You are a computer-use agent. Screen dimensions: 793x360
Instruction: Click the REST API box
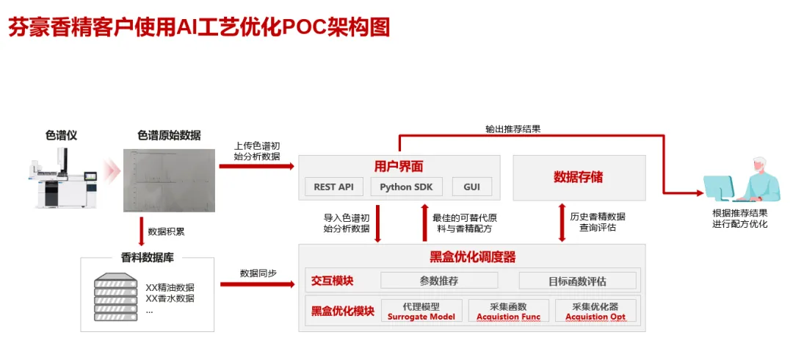(333, 187)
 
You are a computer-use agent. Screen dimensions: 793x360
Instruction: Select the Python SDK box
(404, 187)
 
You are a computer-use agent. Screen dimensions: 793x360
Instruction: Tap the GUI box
(471, 187)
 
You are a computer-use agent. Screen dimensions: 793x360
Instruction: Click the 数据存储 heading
(578, 177)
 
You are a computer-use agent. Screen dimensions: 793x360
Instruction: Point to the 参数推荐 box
(439, 281)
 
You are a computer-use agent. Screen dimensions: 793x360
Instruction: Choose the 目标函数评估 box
(577, 281)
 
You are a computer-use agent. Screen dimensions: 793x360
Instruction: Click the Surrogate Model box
(421, 312)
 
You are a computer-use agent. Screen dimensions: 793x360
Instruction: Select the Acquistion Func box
(508, 312)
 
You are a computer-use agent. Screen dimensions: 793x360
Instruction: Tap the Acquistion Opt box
(595, 312)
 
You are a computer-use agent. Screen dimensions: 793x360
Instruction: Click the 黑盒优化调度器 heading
(472, 257)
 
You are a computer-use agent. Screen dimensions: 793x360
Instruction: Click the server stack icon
(116, 296)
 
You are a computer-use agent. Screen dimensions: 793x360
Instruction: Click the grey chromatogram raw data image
(170, 180)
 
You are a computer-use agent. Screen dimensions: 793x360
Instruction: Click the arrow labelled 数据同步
(258, 284)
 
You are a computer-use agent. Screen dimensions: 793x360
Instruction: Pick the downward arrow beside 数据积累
(141, 231)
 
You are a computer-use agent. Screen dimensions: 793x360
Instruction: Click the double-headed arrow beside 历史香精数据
(562, 223)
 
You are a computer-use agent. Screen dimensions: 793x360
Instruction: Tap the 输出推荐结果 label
(513, 129)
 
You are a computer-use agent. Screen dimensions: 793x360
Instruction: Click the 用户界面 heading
(399, 166)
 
